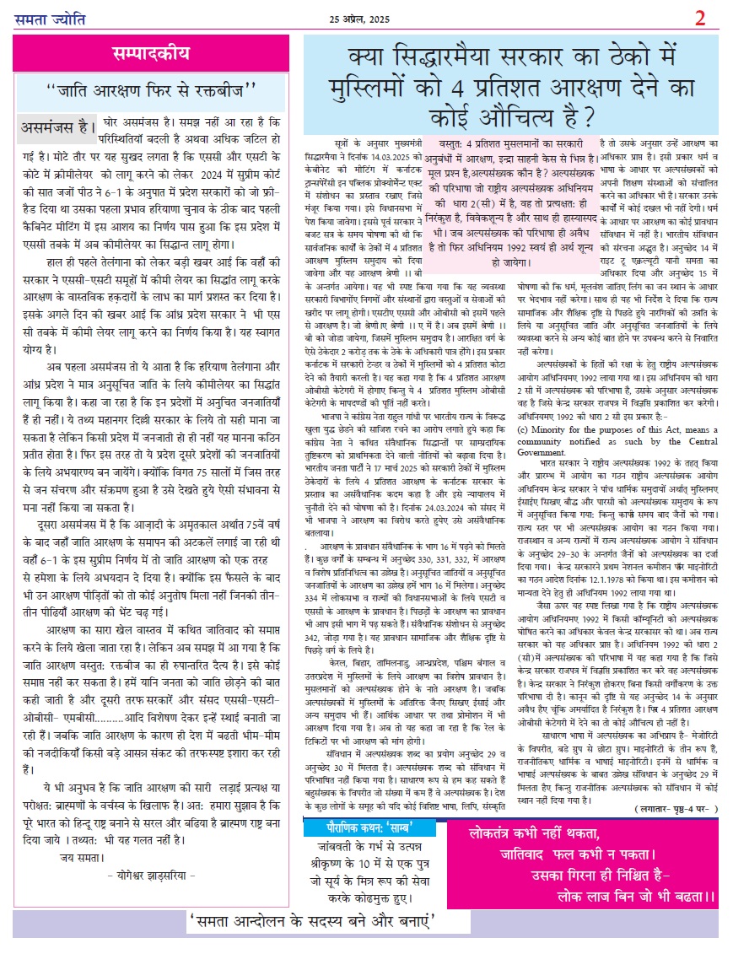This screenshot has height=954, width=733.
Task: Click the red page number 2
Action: pyautogui.click(x=700, y=18)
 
